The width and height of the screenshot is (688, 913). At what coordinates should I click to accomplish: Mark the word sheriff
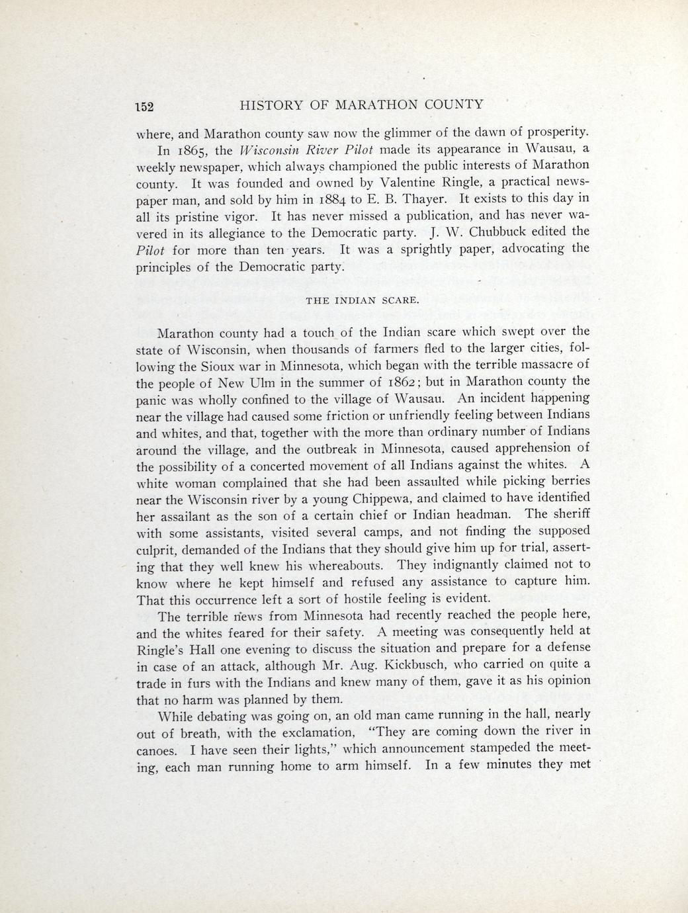(566, 513)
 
